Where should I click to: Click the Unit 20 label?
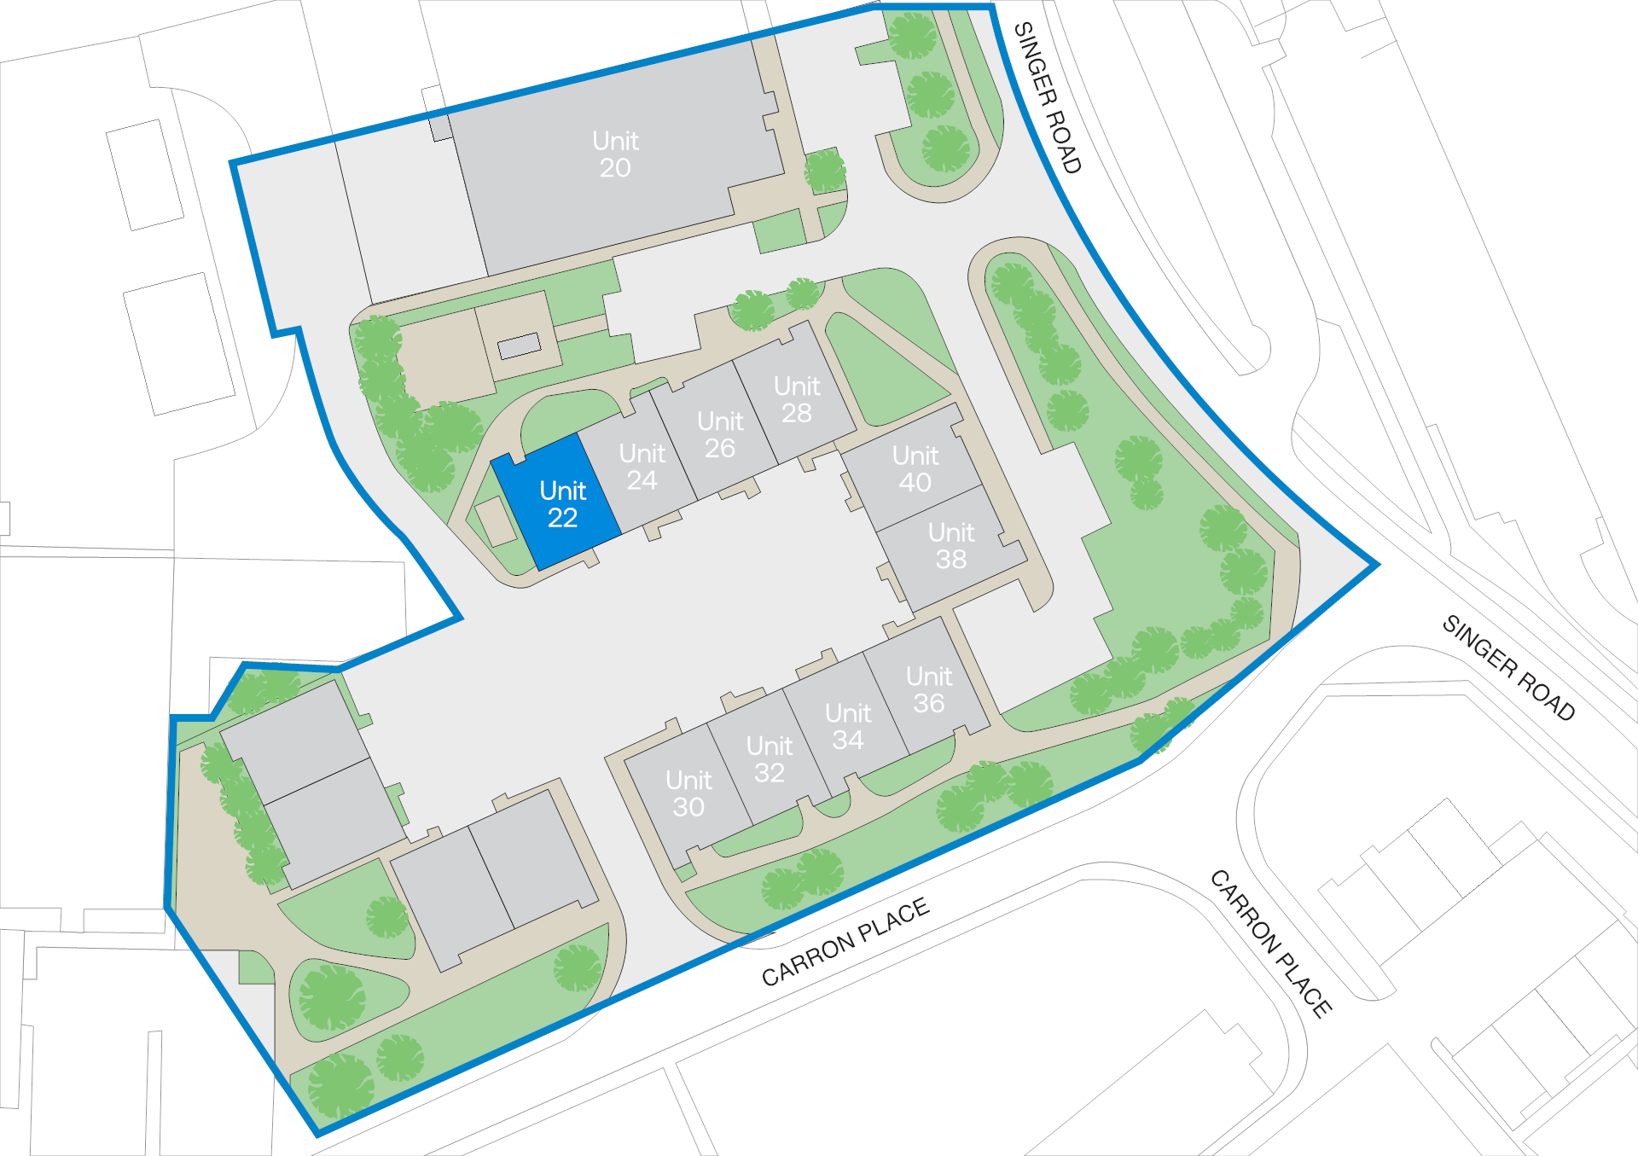615,154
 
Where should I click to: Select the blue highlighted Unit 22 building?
557,502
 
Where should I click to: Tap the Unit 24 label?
642,467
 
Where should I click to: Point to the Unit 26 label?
720,434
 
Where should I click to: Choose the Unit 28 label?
797,399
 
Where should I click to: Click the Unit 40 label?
915,468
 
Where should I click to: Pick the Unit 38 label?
951,546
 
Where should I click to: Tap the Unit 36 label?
929,689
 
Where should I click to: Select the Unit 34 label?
848,726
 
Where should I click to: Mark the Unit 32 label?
770,759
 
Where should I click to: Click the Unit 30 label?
688,793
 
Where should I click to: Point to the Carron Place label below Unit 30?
845,942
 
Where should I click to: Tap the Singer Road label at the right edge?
1508,667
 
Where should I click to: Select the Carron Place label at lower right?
1271,944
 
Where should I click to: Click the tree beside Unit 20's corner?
824,171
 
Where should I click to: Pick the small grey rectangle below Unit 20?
520,346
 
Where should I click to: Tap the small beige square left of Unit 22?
494,521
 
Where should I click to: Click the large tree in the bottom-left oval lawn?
331,997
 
